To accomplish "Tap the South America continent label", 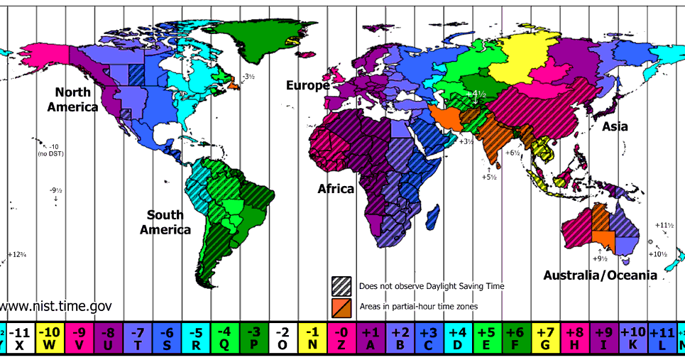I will click(x=165, y=222).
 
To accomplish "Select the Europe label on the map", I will click(x=307, y=86).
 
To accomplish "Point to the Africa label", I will click(x=336, y=189).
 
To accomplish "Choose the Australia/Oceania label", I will click(x=600, y=275).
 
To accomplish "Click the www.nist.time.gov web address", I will click(x=56, y=306).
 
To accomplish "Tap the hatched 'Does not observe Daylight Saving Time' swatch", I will click(x=341, y=285).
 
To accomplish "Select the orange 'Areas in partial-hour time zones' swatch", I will click(x=341, y=306).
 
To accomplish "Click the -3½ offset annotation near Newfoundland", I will click(x=248, y=76).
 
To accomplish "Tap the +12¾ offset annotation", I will click(x=17, y=254).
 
